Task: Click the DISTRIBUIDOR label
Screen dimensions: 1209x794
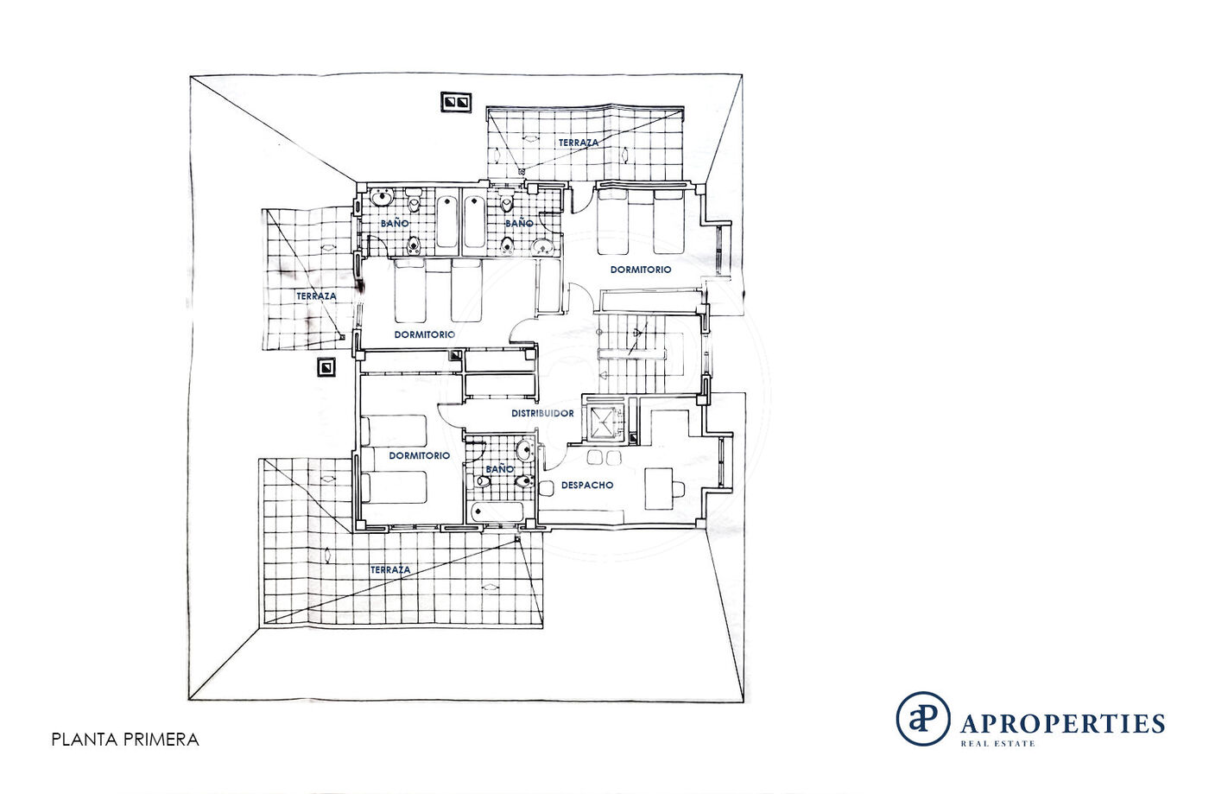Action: click(542, 413)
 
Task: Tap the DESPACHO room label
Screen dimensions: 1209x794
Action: click(587, 485)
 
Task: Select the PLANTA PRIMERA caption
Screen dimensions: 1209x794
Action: click(125, 740)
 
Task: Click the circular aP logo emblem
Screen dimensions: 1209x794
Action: click(923, 718)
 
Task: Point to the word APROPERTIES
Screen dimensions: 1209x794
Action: click(1062, 724)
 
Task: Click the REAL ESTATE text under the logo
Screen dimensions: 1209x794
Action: click(997, 744)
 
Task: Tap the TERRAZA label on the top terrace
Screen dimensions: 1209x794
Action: click(579, 143)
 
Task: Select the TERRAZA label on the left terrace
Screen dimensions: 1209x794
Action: click(316, 296)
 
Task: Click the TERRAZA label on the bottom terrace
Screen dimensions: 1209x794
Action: click(390, 570)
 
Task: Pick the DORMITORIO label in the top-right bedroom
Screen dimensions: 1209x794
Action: click(641, 270)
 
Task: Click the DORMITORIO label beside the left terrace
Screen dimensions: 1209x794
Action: click(425, 335)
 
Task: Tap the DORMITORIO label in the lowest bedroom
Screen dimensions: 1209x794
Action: click(420, 456)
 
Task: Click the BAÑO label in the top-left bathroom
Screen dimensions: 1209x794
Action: click(395, 223)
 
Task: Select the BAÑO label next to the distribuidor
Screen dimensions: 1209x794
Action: click(500, 469)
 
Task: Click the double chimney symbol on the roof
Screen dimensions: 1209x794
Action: click(456, 102)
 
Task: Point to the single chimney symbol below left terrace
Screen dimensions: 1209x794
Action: click(326, 367)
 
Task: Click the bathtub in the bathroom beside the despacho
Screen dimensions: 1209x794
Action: click(497, 512)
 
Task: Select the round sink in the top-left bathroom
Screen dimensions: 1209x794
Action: click(383, 197)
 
